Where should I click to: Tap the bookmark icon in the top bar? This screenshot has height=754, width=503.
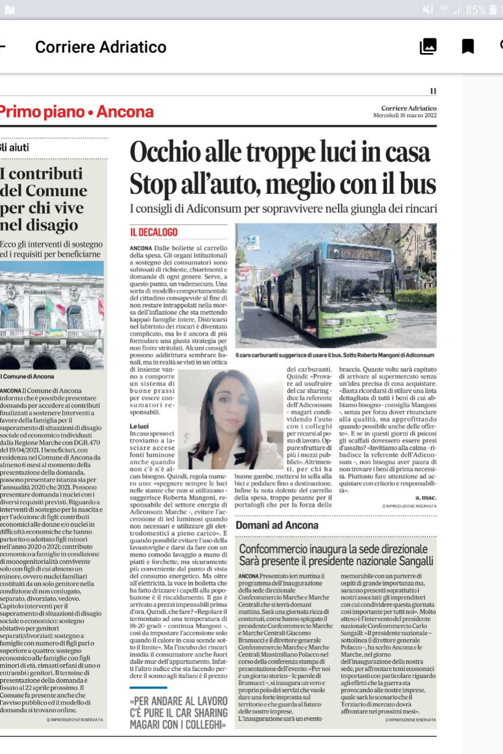click(468, 47)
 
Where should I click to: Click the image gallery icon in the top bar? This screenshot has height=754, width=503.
click(428, 47)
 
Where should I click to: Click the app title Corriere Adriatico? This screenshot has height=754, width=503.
click(101, 47)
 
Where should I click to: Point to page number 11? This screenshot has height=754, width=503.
click(433, 91)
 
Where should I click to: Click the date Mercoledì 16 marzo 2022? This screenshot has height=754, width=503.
click(405, 115)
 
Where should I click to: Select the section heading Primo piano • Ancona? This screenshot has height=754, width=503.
click(77, 112)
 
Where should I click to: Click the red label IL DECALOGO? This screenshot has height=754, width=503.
click(153, 233)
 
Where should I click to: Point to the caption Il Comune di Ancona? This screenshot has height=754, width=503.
click(27, 376)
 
